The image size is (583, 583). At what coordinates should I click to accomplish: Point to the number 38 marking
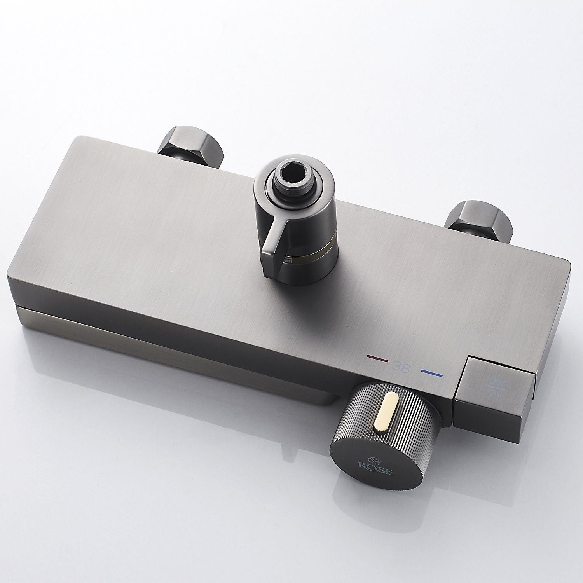point(401,366)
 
